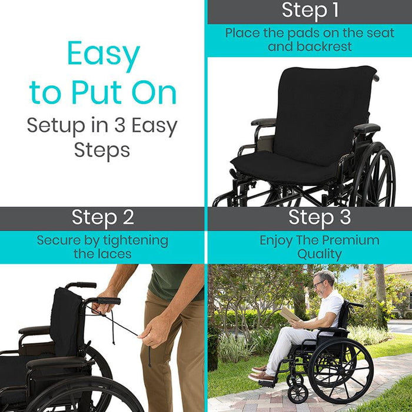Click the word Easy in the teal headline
click(x=104, y=54)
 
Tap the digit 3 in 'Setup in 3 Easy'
click(x=120, y=125)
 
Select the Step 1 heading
click(x=310, y=11)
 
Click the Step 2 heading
click(x=103, y=218)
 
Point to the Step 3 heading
click(x=320, y=218)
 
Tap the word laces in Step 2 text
click(x=117, y=254)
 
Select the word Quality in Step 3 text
click(x=320, y=254)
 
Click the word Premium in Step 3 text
click(x=351, y=240)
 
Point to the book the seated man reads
click(x=290, y=314)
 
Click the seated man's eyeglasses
click(x=319, y=284)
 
